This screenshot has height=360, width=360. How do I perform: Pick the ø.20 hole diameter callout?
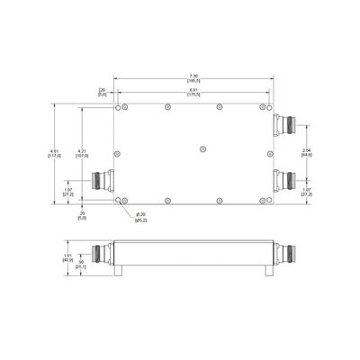[141, 217]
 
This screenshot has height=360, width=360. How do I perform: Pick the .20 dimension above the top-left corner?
[102, 92]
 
